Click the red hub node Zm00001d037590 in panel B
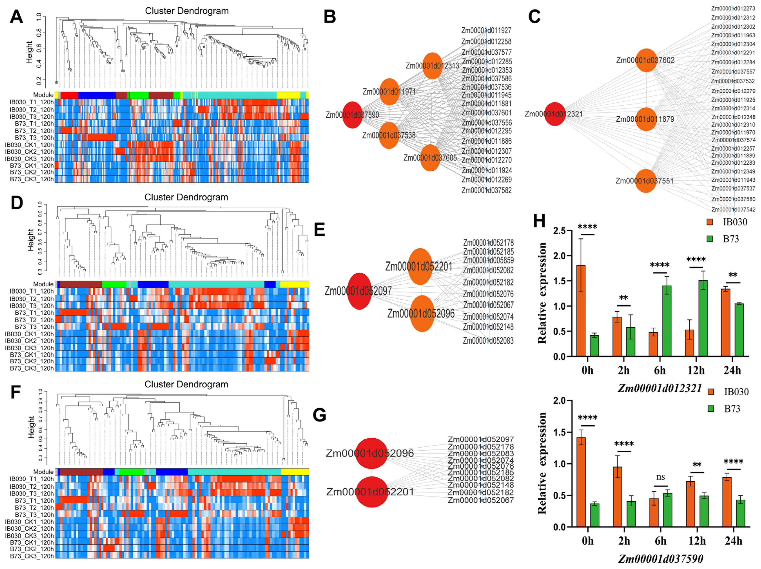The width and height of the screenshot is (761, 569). [x=352, y=115]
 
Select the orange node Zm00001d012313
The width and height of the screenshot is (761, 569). [x=432, y=66]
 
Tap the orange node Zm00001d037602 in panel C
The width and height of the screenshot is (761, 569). [x=646, y=60]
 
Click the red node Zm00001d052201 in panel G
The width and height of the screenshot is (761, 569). [x=372, y=492]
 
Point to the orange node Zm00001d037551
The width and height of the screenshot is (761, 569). [x=645, y=181]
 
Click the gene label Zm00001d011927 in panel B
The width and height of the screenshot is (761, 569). [x=486, y=30]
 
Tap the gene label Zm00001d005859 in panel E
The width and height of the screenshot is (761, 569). [x=488, y=260]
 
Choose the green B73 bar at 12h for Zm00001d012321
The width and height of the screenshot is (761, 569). [x=703, y=318]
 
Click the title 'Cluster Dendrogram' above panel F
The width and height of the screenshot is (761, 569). [x=186, y=384]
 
